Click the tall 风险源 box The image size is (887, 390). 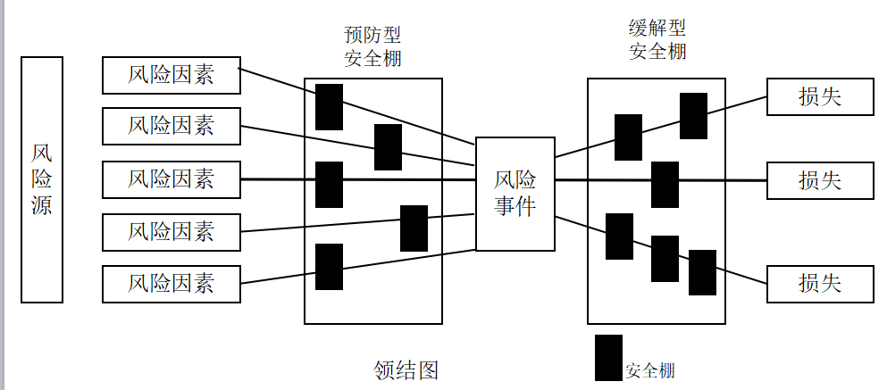[42, 179]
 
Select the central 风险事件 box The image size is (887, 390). [515, 194]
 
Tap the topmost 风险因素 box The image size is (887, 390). [172, 75]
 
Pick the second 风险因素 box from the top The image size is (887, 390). [172, 126]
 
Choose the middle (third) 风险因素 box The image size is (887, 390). [172, 179]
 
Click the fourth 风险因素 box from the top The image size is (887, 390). [172, 232]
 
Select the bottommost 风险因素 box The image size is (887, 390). [172, 284]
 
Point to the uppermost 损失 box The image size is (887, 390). [819, 96]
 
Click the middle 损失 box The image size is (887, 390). [819, 180]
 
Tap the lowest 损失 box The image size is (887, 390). [819, 284]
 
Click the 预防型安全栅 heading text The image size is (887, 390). [372, 47]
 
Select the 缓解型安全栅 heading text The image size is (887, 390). [657, 39]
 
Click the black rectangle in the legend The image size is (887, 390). [609, 357]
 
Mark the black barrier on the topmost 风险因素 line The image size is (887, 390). [330, 106]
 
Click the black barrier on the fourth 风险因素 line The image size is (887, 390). [414, 228]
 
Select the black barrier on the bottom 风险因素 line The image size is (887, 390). [330, 266]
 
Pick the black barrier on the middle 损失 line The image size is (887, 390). [665, 184]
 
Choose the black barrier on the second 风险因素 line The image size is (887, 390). [388, 147]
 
